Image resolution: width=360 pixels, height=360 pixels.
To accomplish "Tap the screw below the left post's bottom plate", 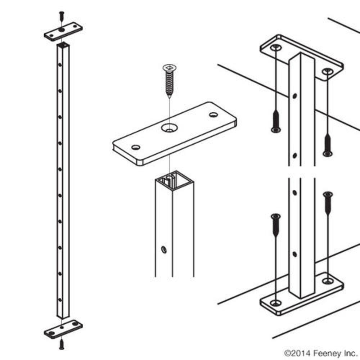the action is point(62,344).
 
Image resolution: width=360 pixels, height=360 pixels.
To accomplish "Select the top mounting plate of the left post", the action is point(63,31).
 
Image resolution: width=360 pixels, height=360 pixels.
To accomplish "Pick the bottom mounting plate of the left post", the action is point(63,329).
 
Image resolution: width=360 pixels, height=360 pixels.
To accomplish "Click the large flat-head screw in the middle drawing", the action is point(170,81).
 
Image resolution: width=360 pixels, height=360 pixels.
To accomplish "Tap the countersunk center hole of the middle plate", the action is point(170,128).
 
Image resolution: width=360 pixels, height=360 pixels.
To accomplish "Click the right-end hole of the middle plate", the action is point(213,114).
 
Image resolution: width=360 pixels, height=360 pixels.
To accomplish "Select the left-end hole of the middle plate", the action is point(136,147).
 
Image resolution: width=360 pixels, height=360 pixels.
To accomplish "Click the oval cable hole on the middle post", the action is point(164,249).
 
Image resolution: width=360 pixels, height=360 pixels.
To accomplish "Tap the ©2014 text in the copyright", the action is point(298,353).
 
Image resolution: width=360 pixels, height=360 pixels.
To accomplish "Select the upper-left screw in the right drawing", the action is point(276,121).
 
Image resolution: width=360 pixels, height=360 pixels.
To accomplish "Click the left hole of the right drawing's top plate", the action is point(276,48).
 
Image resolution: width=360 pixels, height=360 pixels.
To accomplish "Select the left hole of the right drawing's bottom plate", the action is point(276,303).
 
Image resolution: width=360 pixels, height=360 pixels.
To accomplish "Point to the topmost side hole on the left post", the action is point(60,65).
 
